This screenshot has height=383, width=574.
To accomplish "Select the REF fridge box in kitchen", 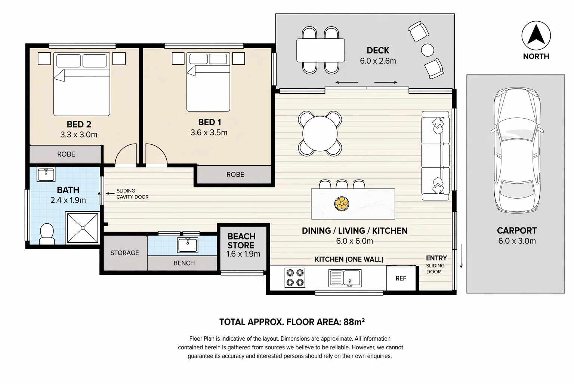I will pos(401,278).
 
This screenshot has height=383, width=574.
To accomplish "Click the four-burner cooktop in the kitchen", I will pos(295,278).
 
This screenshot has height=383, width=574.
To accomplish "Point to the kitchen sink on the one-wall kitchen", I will pos(345,278).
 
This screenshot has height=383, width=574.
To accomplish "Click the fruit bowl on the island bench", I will pos(341,204).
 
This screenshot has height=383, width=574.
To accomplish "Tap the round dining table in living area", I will pos(320,133).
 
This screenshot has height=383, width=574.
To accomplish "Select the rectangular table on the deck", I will pos(320,50).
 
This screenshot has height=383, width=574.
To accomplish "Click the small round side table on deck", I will pos(428,50).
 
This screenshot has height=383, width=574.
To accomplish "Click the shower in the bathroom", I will pos(82,227).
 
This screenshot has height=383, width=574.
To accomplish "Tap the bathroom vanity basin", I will pos(46,174).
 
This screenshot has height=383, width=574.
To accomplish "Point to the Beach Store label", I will pos(241,241).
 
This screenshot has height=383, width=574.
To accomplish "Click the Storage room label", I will pos(124,253).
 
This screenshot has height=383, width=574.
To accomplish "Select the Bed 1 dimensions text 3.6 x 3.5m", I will pos(209,132).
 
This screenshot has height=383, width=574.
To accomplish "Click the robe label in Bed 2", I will pos(66,154).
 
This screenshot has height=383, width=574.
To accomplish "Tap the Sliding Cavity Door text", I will pos(132,194).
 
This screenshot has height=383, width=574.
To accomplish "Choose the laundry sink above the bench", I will pos(188,245).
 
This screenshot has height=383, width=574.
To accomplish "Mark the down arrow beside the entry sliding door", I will pos(461,256).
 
